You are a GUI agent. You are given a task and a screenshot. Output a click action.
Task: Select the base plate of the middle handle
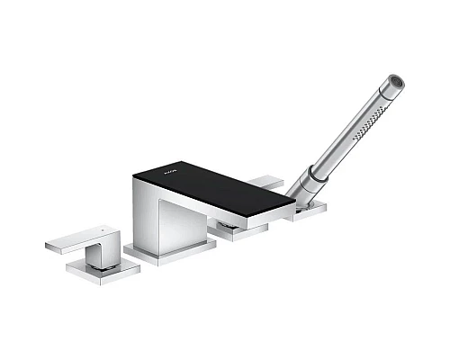(238, 231)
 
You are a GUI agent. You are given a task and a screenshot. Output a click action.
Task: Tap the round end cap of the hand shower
(396, 82)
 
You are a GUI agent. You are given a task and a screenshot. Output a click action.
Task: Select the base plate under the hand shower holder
(306, 211)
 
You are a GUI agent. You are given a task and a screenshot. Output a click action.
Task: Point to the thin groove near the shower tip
(385, 91)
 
